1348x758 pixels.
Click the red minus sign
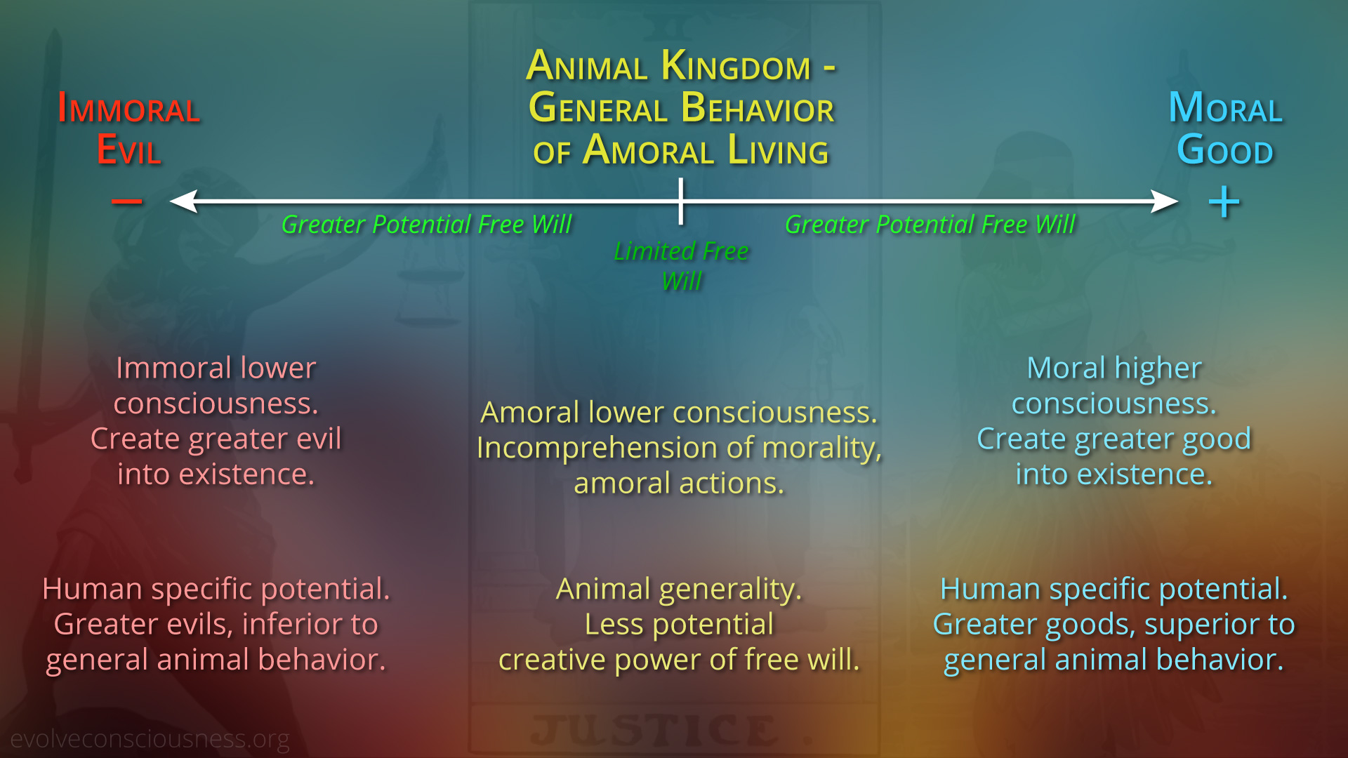(127, 201)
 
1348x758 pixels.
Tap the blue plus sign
(1224, 202)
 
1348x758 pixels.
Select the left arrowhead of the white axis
(184, 201)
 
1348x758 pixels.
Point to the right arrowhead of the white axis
(1164, 201)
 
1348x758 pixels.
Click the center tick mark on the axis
(680, 201)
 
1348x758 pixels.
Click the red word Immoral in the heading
(129, 109)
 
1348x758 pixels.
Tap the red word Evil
(129, 150)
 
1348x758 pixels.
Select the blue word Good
(1225, 150)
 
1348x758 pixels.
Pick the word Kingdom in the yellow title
(736, 66)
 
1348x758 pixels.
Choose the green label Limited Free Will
(681, 266)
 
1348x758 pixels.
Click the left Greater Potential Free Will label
(427, 225)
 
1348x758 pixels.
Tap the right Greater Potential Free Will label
(930, 225)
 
